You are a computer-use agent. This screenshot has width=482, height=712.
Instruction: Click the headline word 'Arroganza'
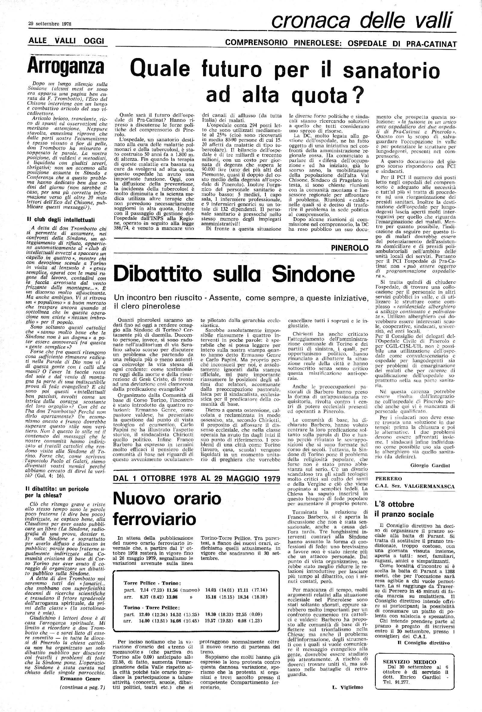pyautogui.click(x=65, y=66)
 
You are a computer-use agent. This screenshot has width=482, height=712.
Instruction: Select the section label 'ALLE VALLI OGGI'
pyautogui.click(x=66, y=41)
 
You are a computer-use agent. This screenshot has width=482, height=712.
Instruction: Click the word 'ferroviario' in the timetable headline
pyautogui.click(x=155, y=519)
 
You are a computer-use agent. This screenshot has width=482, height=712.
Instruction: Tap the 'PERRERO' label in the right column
pyautogui.click(x=385, y=478)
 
